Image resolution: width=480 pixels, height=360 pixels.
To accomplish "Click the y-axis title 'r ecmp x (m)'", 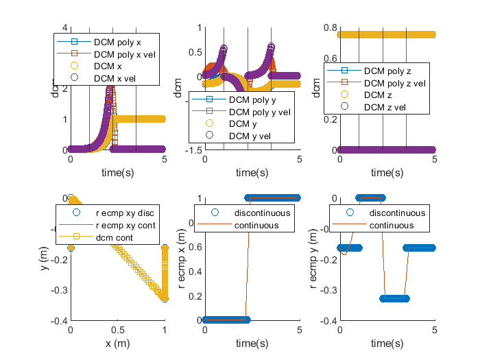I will pos(182,259).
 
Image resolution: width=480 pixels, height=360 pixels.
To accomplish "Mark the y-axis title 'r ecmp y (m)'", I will pos(315,259).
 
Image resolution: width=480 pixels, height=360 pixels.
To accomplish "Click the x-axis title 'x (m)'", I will pos(117,343).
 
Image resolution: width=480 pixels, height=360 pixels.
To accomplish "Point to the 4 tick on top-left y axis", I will pos(62,27).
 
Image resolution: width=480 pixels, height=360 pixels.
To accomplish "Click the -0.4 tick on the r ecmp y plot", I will pos(328,320).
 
